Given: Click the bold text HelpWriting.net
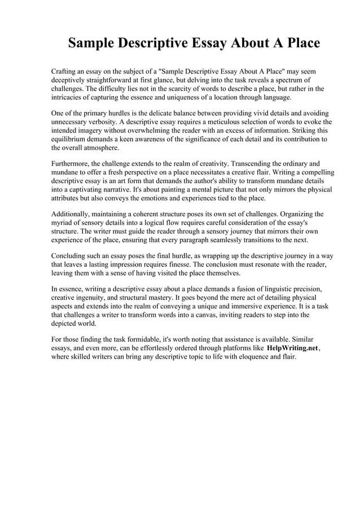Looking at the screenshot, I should [292, 349].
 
